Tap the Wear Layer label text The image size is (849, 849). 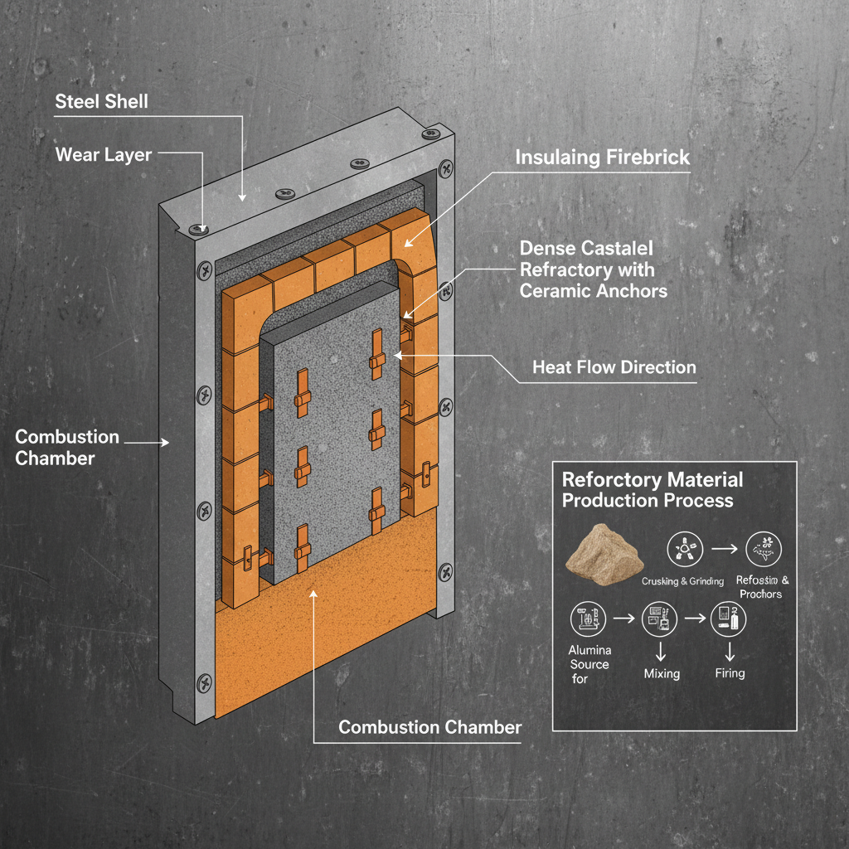click(x=103, y=155)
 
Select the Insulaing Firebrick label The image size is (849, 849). click(x=602, y=158)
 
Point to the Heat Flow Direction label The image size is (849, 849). click(x=614, y=367)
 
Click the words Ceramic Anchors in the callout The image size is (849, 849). click(x=593, y=291)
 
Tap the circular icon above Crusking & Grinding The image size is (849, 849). click(x=685, y=547)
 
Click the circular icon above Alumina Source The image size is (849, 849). click(x=588, y=619)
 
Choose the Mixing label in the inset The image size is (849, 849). click(x=662, y=674)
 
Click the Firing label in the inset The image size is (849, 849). click(x=730, y=673)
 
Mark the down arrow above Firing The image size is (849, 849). click(x=730, y=648)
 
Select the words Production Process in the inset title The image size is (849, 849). click(x=648, y=500)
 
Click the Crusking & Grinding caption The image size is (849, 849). click(x=682, y=581)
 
